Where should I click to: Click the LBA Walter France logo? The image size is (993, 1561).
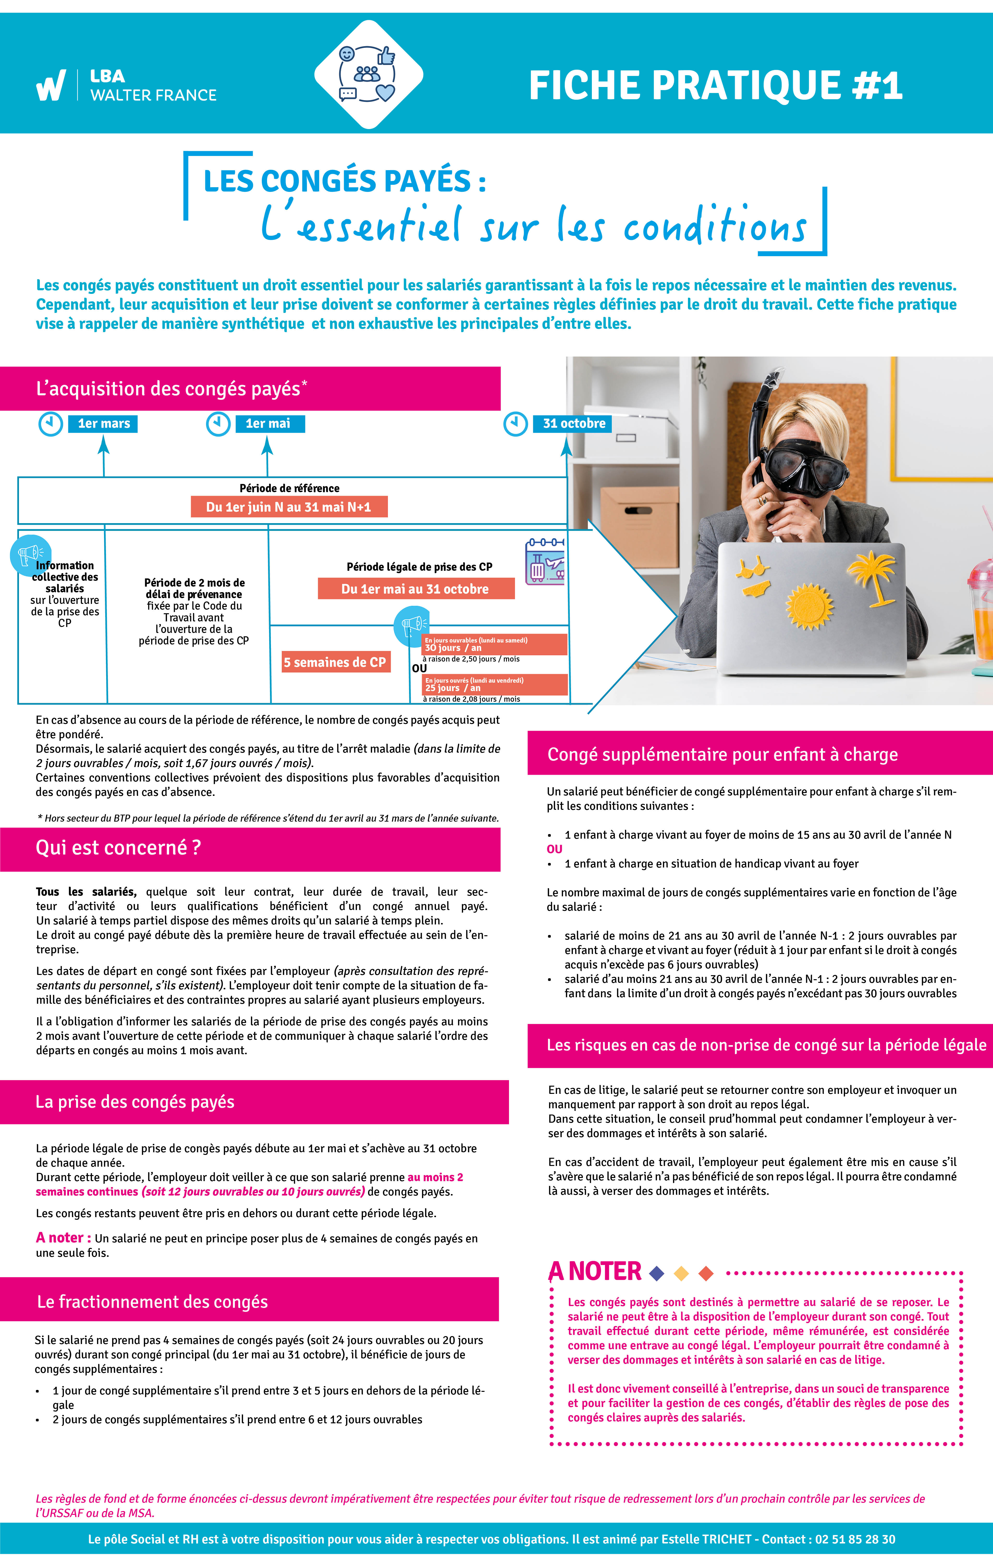126,86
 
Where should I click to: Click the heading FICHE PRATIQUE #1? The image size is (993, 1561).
716,86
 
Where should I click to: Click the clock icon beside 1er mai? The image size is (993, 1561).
218,424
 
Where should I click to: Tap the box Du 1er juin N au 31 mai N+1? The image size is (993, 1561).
289,507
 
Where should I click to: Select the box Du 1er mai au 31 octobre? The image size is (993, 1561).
416,588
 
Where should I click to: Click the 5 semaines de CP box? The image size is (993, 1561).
336,662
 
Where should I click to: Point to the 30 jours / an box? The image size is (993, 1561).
495,644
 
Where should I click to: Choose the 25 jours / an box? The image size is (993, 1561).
495,685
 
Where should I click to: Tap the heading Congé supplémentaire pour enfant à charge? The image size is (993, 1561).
723,755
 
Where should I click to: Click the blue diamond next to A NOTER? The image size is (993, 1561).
657,1274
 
